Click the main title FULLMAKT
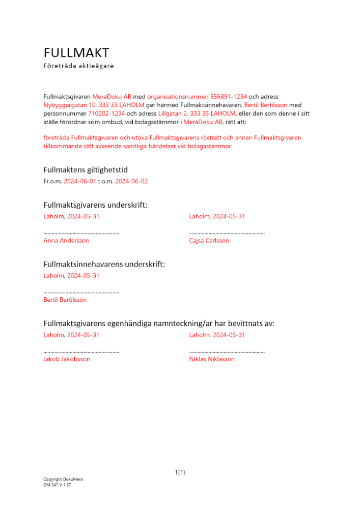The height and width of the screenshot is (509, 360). coord(76,53)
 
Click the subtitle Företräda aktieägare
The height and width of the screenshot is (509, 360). coord(79,66)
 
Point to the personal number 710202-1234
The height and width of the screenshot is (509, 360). coord(107,114)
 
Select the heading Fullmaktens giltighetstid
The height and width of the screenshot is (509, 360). coord(89,170)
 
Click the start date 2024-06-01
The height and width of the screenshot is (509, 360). coord(80,181)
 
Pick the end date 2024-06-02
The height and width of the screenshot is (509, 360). coord(131,181)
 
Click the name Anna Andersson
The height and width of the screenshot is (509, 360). coord(67,240)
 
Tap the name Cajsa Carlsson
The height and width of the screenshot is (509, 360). coord(209,240)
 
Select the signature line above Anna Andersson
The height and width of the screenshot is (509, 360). coord(81,233)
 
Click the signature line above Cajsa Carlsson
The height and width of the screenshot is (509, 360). coord(227,233)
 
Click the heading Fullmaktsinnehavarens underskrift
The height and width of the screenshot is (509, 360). coord(104,264)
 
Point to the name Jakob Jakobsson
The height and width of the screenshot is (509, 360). coord(67,359)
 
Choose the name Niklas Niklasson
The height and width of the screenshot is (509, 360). coord(212,359)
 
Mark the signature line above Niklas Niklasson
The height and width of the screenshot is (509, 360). coord(227,352)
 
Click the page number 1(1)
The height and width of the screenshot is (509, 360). coord(180,472)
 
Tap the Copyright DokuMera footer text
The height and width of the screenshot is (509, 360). coord(63,479)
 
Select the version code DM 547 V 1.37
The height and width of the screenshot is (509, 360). coord(57,485)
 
